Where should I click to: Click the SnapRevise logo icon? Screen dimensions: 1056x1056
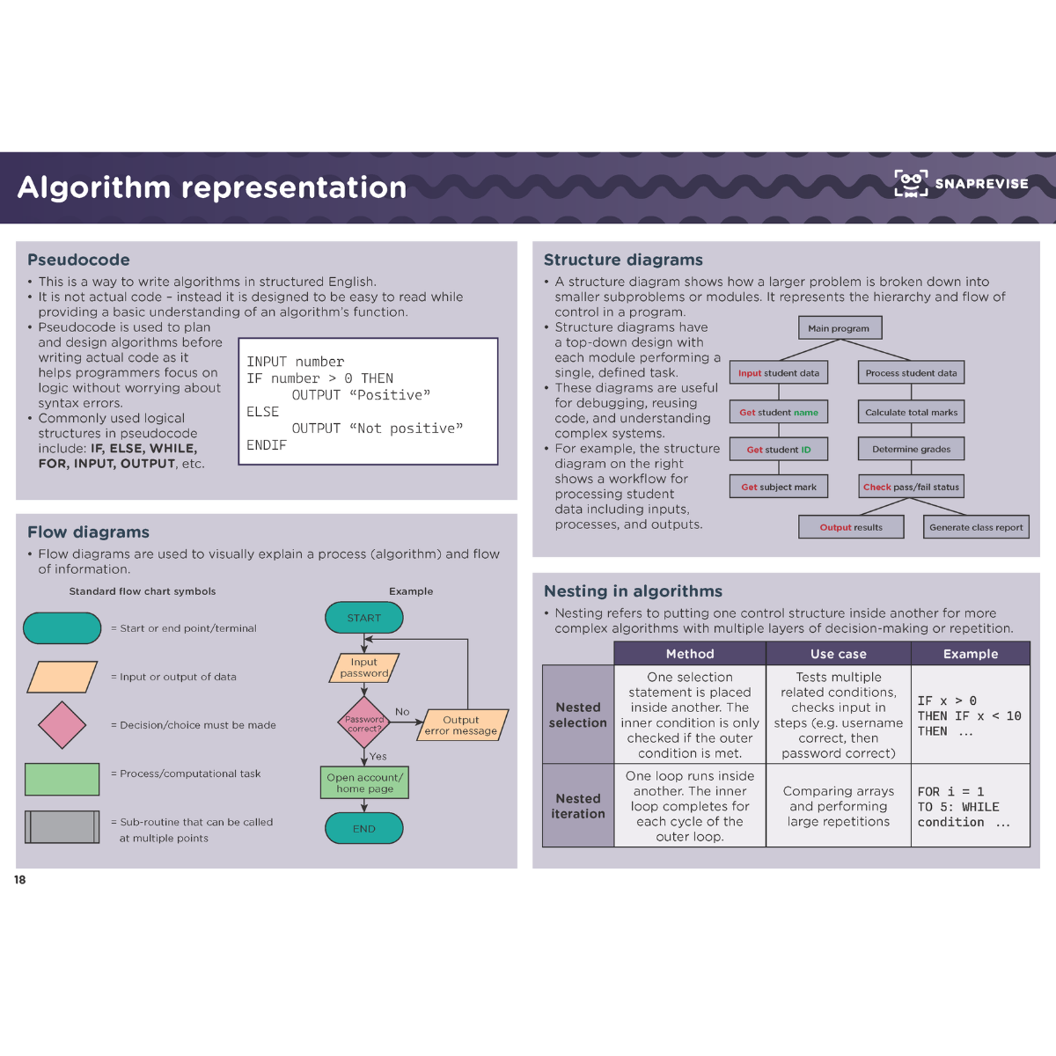[x=911, y=183]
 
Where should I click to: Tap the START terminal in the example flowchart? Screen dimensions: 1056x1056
[x=364, y=618]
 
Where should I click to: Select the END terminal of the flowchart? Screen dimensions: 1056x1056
[x=364, y=828]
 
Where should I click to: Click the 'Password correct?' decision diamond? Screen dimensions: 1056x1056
[x=364, y=722]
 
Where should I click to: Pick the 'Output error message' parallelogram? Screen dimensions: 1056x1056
[x=461, y=725]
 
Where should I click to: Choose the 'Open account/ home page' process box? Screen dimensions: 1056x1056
[x=364, y=782]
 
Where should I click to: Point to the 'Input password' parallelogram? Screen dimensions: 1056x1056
[x=364, y=668]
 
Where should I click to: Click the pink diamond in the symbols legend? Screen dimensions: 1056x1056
[x=62, y=725]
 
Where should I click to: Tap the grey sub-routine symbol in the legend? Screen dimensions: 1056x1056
[x=62, y=827]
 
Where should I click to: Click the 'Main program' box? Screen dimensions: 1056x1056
[x=839, y=328]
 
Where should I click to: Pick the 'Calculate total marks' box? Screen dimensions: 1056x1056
[x=911, y=412]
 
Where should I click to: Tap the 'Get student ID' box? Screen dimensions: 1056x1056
[x=779, y=450]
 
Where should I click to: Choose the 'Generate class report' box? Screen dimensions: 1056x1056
[x=976, y=527]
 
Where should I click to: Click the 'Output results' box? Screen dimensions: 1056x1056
[x=851, y=527]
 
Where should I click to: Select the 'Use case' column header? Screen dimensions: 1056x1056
[x=838, y=654]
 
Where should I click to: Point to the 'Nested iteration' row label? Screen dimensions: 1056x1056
[x=578, y=806]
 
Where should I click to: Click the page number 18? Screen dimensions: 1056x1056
[x=20, y=880]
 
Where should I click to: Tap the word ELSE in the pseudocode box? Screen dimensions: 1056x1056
[x=263, y=412]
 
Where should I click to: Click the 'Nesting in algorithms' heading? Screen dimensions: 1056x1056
[x=633, y=591]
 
